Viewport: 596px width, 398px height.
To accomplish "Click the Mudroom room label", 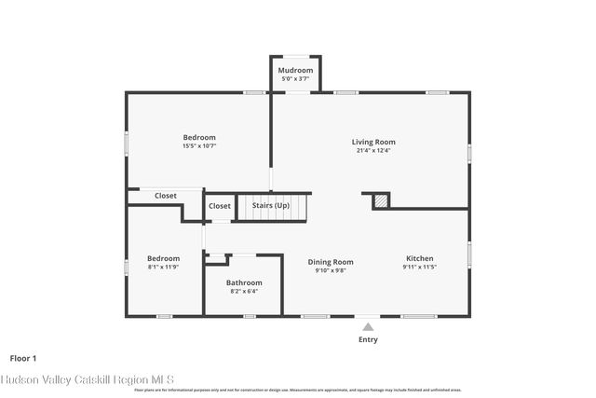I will point(296,71).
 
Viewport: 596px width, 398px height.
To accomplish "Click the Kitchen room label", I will point(419,258).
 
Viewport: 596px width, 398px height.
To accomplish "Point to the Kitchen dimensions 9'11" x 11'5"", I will point(419,268).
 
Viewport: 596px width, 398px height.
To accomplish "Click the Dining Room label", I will point(331,262).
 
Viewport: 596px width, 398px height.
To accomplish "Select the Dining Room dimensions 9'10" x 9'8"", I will point(331,271).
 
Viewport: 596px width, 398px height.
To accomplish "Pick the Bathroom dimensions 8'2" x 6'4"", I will point(244,291).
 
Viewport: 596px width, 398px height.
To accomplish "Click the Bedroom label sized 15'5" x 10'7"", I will point(199,137).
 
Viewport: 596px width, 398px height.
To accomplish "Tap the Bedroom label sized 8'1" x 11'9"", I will point(163,258).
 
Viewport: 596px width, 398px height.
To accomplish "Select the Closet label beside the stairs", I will point(220,206).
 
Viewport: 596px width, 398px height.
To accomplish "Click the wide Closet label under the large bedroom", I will point(166,196).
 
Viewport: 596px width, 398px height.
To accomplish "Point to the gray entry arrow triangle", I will point(368,326).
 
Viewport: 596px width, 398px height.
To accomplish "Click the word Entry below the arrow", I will point(368,339).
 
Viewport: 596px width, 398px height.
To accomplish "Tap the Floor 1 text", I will point(23,358).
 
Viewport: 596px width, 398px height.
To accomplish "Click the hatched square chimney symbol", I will point(380,201).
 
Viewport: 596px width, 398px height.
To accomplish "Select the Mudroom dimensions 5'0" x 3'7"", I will point(296,79).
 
